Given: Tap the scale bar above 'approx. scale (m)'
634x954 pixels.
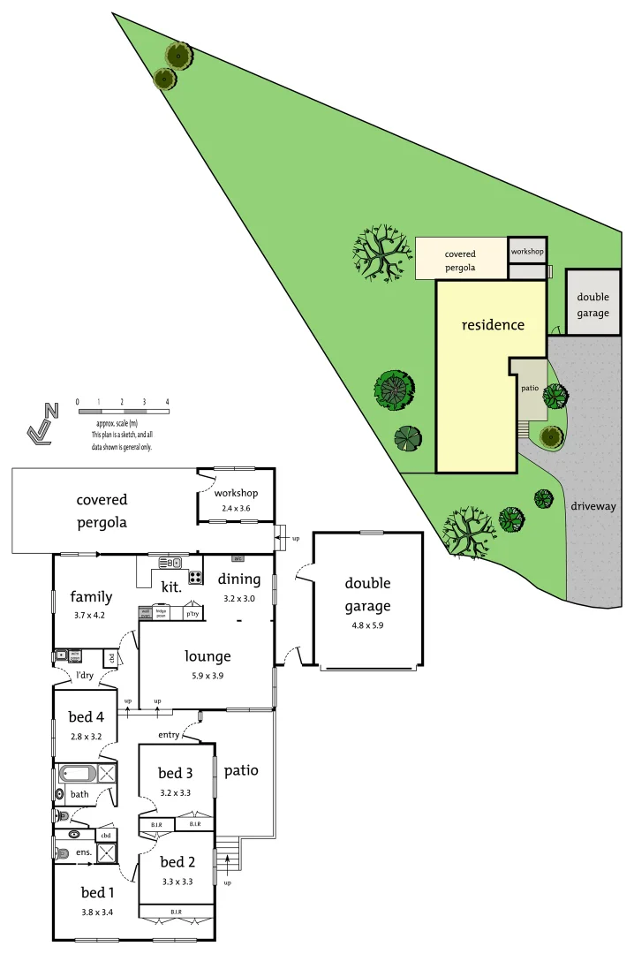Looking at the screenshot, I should [x=122, y=411].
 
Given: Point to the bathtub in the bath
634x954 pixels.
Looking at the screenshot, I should [x=77, y=774].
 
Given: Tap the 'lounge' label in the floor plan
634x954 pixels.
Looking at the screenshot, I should [x=208, y=655].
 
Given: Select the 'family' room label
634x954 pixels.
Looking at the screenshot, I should [x=91, y=597].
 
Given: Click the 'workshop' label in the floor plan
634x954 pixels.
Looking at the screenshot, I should [x=236, y=493].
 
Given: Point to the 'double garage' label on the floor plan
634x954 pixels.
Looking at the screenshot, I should [x=367, y=594].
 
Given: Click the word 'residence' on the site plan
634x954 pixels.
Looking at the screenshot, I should [x=493, y=324].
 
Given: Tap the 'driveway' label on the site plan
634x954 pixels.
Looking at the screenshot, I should [x=592, y=506].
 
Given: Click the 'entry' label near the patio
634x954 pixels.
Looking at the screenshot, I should [x=170, y=734].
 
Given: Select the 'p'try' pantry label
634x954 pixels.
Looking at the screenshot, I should [x=192, y=613].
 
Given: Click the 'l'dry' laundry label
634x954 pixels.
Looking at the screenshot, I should [x=85, y=676].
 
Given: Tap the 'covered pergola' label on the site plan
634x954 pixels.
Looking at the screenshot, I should [x=460, y=261].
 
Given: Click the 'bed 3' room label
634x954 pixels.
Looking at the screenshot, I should [x=177, y=773].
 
